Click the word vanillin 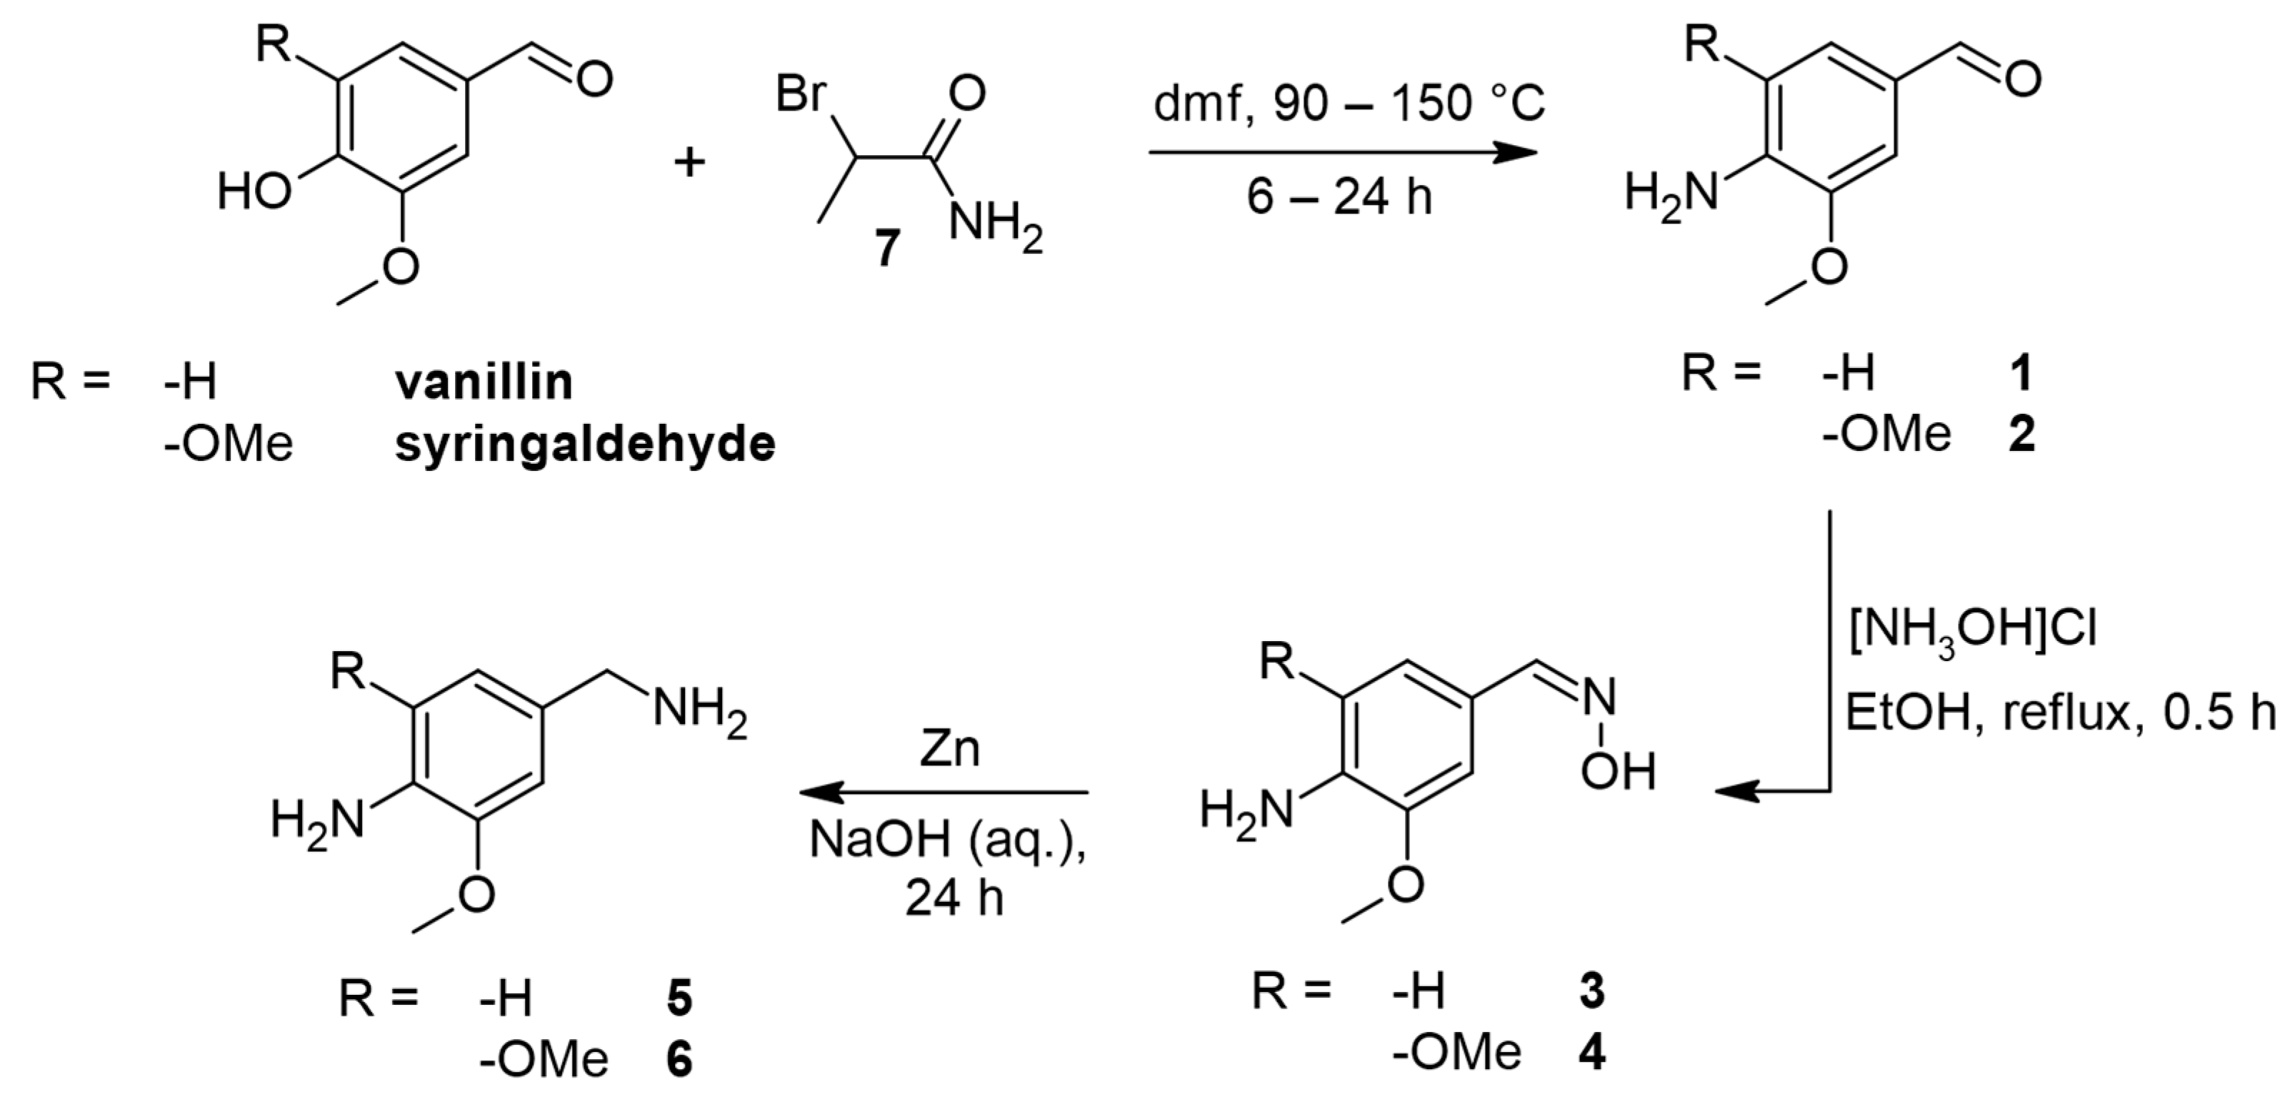pyautogui.click(x=484, y=382)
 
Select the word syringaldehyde pyautogui.click(x=585, y=444)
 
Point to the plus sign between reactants pyautogui.click(x=688, y=163)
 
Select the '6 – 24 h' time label pyautogui.click(x=1339, y=196)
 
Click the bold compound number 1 pyautogui.click(x=2021, y=373)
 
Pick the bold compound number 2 pyautogui.click(x=2021, y=436)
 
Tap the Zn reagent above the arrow pyautogui.click(x=950, y=751)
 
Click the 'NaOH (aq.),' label pyautogui.click(x=948, y=840)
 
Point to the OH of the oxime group pyautogui.click(x=1618, y=772)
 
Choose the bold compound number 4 pyautogui.click(x=1591, y=1053)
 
